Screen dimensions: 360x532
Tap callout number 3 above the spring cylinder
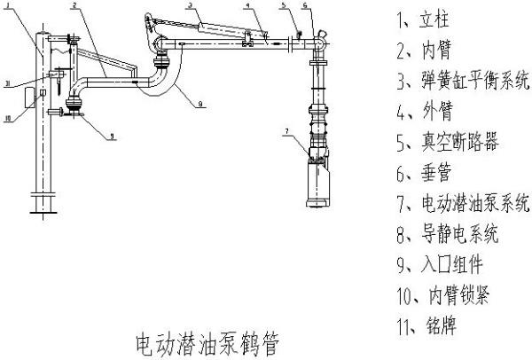(x=190, y=5)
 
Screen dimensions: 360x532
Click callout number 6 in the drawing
(x=304, y=7)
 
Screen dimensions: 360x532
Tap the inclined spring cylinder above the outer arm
(x=204, y=27)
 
